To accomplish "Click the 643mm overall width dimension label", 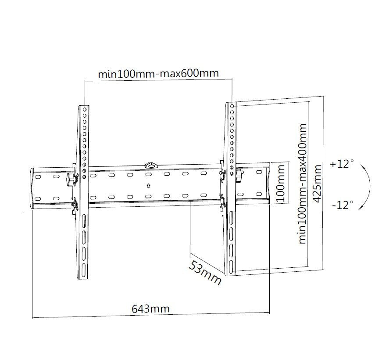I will point(150,308).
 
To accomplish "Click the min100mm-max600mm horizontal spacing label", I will point(157,73).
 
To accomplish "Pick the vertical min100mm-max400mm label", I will point(302,183).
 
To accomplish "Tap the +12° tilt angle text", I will point(342,164).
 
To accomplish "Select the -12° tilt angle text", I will point(342,205).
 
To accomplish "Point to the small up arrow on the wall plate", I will point(149,185).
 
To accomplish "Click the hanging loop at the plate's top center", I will point(150,165).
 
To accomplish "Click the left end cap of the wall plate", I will point(33,187).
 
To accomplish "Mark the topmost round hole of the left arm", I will point(84,107).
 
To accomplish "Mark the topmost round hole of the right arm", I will point(232,106).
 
